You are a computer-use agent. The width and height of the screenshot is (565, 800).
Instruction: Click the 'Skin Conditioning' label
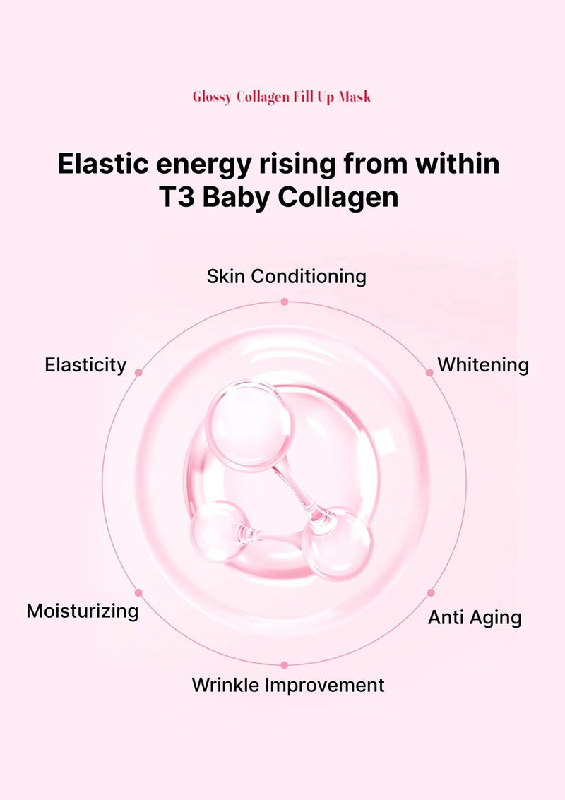(x=286, y=276)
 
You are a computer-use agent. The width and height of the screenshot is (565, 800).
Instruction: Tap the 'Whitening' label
(x=483, y=365)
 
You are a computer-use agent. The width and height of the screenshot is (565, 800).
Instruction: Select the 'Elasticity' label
(x=85, y=365)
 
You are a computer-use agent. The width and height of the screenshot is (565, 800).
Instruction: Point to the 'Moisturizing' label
(x=82, y=611)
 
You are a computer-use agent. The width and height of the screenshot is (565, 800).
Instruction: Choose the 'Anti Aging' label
(x=475, y=618)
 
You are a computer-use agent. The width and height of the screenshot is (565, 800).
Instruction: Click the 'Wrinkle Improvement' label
(x=288, y=685)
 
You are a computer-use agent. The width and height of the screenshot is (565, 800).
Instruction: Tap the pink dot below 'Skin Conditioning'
(x=284, y=302)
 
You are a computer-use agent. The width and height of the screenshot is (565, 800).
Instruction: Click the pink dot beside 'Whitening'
(x=429, y=372)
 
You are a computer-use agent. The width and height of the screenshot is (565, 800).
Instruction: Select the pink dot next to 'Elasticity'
(x=138, y=372)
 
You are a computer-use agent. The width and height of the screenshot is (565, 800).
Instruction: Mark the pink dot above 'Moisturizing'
(x=138, y=593)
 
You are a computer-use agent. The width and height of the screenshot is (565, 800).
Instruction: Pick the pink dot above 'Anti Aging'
(x=431, y=593)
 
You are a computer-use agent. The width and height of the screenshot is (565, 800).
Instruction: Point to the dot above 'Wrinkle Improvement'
(x=284, y=664)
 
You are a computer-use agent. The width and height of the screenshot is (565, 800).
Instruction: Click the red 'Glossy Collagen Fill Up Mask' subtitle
(x=282, y=97)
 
